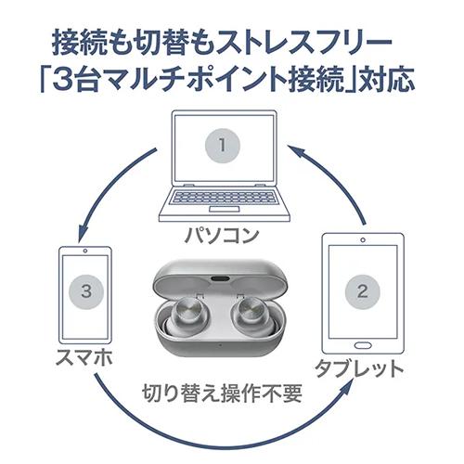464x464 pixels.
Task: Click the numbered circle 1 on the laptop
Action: [x=222, y=146]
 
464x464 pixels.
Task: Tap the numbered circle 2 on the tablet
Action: [x=362, y=291]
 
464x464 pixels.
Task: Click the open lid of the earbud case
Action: [x=220, y=275]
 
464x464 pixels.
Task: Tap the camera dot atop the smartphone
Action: [x=85, y=251]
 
